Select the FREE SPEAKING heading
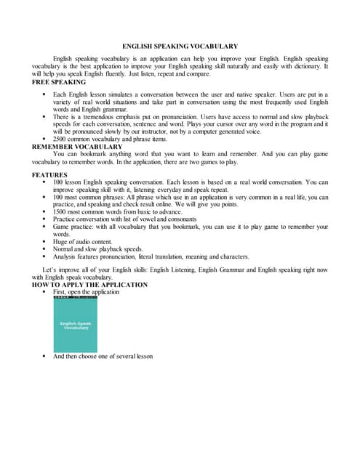coord(59,82)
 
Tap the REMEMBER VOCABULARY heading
coord(77,146)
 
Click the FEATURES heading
coord(49,175)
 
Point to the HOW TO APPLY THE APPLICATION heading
coord(90,284)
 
